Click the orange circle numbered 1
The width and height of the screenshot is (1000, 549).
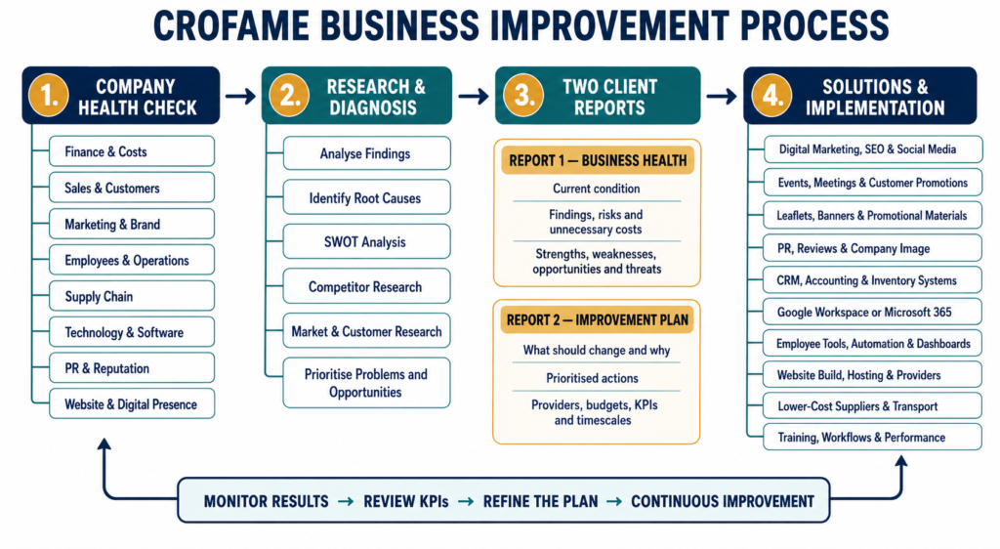[x=48, y=96]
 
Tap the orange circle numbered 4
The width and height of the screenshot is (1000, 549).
[x=771, y=96]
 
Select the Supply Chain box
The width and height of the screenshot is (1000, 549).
[x=132, y=297]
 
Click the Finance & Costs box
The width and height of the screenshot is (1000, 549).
[x=132, y=151]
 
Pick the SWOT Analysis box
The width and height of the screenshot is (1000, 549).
[x=366, y=242]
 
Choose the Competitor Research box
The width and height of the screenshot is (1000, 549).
[x=366, y=287]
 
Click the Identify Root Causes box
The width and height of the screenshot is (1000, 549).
[x=366, y=198]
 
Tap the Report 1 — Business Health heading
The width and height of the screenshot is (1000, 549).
[x=598, y=160]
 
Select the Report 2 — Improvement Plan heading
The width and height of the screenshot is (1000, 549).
[x=598, y=320]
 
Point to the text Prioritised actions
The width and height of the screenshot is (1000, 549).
[x=592, y=378]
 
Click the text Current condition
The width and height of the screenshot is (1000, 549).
[x=597, y=189]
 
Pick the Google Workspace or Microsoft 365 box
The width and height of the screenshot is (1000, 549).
[x=872, y=312]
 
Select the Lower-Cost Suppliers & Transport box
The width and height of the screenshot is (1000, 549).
[x=872, y=406]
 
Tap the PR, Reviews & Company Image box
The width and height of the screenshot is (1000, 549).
[x=872, y=249]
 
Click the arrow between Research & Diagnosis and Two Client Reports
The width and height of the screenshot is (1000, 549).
[x=474, y=97]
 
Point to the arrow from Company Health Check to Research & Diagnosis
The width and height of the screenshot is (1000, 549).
[x=240, y=97]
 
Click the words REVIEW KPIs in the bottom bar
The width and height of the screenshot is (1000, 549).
[x=405, y=502]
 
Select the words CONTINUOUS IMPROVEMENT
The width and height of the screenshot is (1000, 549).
[x=723, y=502]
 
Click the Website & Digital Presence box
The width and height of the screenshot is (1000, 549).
[x=132, y=404]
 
